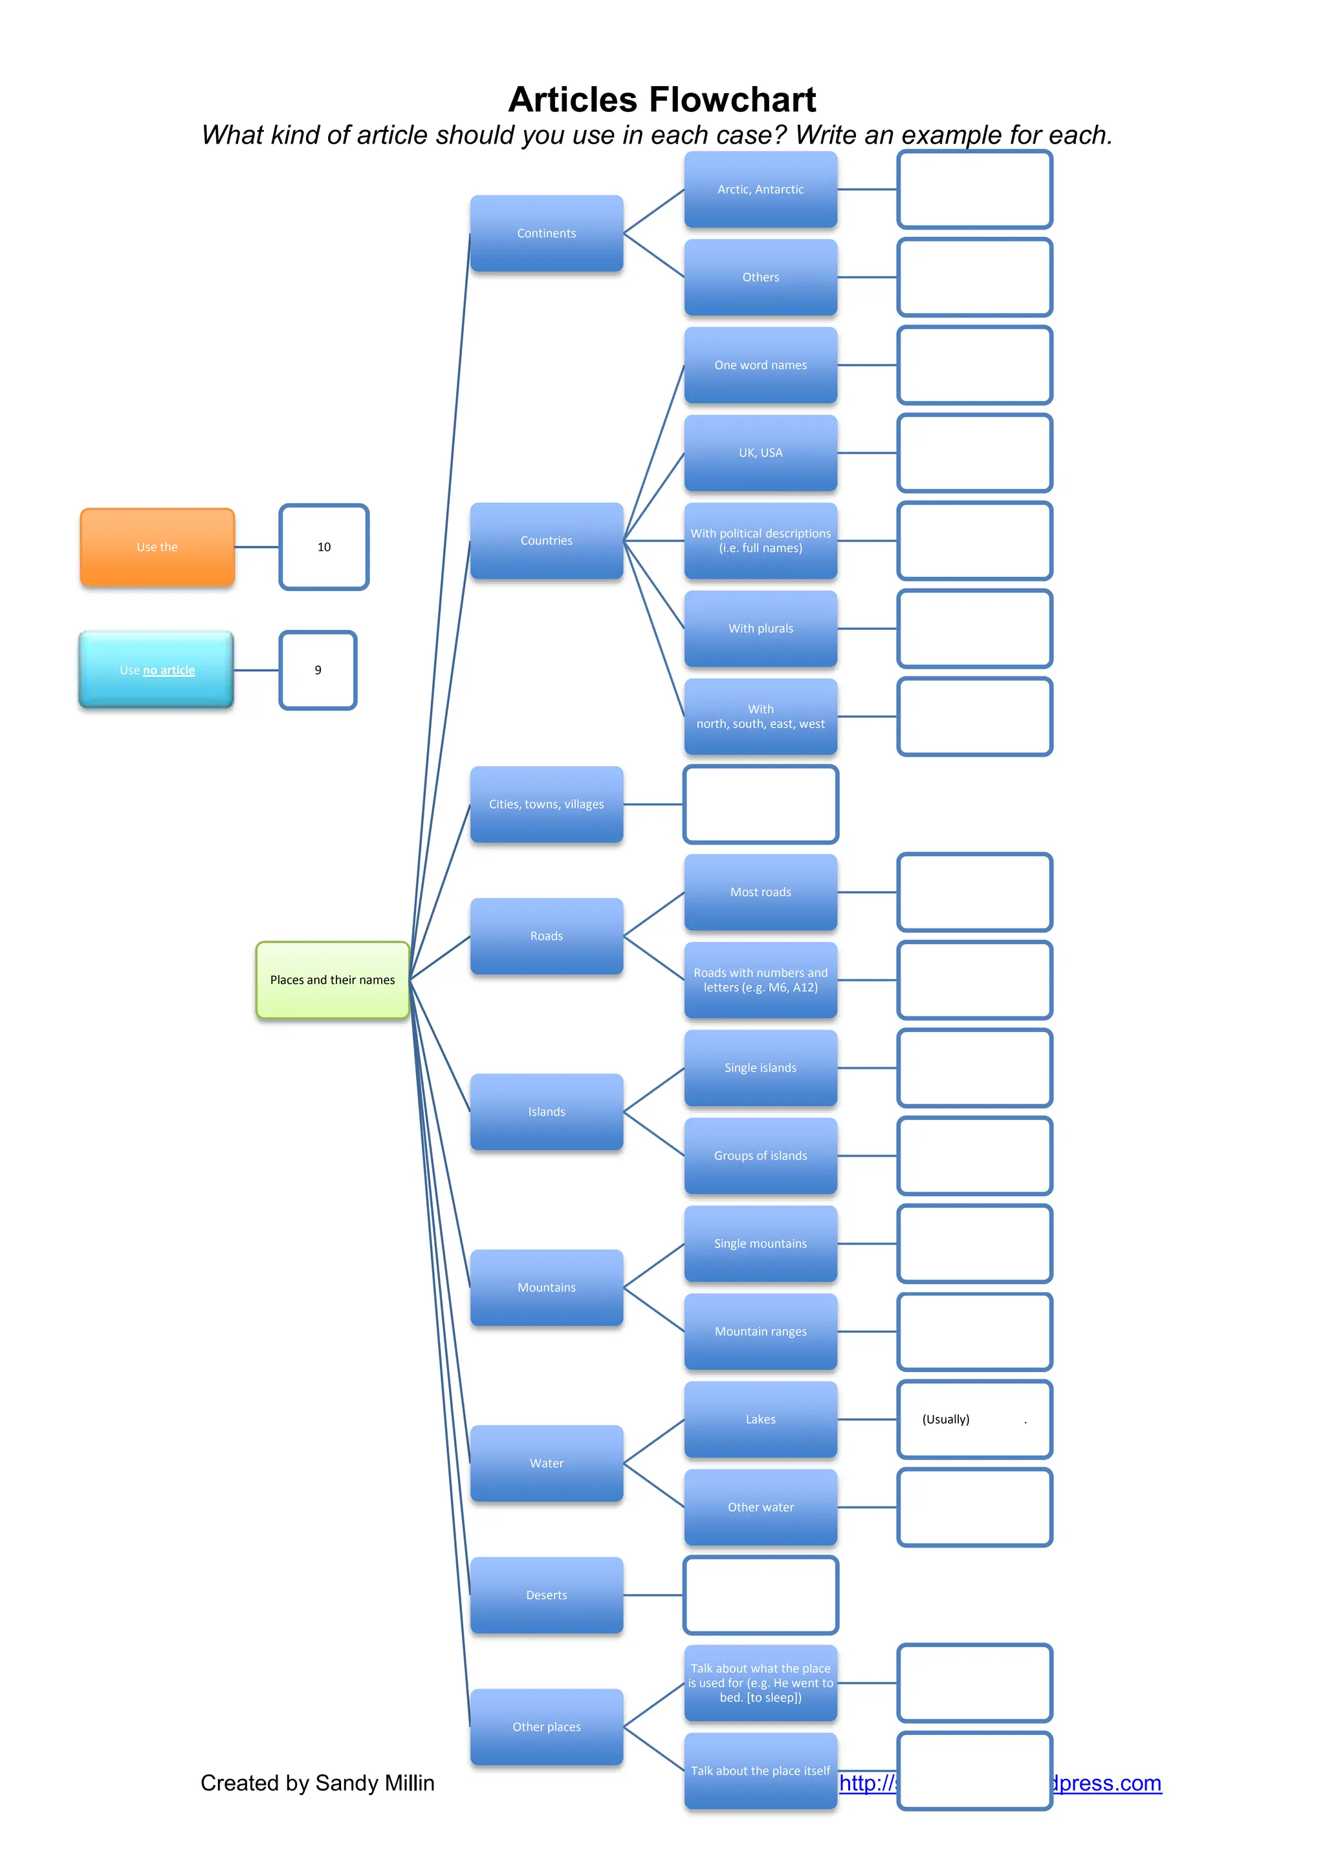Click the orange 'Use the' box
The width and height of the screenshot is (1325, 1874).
pyautogui.click(x=157, y=547)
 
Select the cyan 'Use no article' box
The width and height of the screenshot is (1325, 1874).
pyautogui.click(x=157, y=670)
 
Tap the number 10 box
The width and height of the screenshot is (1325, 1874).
pyautogui.click(x=324, y=547)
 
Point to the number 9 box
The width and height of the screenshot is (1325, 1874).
pyautogui.click(x=318, y=670)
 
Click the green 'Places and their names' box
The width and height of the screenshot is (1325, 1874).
pyautogui.click(x=333, y=980)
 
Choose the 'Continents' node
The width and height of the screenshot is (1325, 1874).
pyautogui.click(x=546, y=233)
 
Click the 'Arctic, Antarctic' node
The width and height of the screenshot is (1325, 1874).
pyautogui.click(x=760, y=189)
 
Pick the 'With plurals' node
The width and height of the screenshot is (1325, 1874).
pyautogui.click(x=760, y=629)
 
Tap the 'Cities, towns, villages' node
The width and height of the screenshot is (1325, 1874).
pyautogui.click(x=546, y=804)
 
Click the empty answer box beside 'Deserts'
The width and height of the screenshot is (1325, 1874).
pyautogui.click(x=760, y=1595)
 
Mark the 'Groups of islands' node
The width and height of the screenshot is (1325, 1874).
pyautogui.click(x=760, y=1156)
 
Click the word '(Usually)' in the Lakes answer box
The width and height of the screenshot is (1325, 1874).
pyautogui.click(x=945, y=1419)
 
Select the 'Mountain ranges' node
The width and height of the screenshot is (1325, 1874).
pyautogui.click(x=760, y=1331)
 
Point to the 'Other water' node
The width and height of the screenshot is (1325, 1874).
pyautogui.click(x=760, y=1507)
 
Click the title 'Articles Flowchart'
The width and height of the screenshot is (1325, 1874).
pyautogui.click(x=662, y=100)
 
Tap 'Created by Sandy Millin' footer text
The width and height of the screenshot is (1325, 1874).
pyautogui.click(x=318, y=1783)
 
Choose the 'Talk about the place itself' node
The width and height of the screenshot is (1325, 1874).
pyautogui.click(x=760, y=1771)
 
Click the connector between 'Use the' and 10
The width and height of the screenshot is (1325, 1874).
pyautogui.click(x=257, y=547)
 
